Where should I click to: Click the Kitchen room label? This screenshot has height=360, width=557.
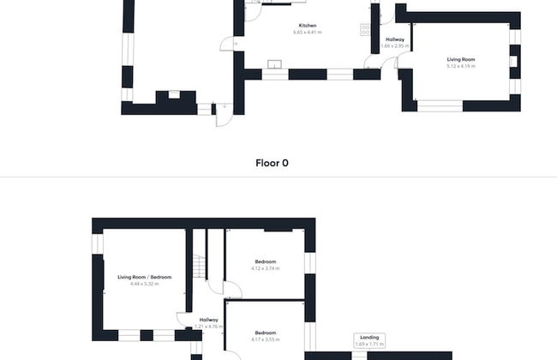307,26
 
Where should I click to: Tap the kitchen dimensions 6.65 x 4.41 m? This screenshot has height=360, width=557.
307,33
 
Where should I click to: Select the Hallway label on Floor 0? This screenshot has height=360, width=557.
395,39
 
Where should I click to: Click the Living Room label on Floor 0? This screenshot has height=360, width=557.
460,59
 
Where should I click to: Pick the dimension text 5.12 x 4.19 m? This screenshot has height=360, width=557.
460,65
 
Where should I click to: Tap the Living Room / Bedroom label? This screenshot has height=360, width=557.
145,277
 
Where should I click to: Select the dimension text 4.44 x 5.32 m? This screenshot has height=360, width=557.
145,284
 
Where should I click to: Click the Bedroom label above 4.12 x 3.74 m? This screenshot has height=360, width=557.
266,261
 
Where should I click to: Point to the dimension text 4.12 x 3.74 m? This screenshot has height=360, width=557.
266,268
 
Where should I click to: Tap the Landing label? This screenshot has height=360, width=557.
370,337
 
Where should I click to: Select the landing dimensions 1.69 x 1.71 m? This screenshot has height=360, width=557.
370,344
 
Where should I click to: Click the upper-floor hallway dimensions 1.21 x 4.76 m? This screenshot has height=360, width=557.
208,327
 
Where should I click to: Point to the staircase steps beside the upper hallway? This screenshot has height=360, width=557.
199,268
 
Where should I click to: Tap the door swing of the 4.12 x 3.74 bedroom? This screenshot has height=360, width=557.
232,290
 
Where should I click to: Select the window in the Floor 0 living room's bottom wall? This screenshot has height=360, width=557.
439,105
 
